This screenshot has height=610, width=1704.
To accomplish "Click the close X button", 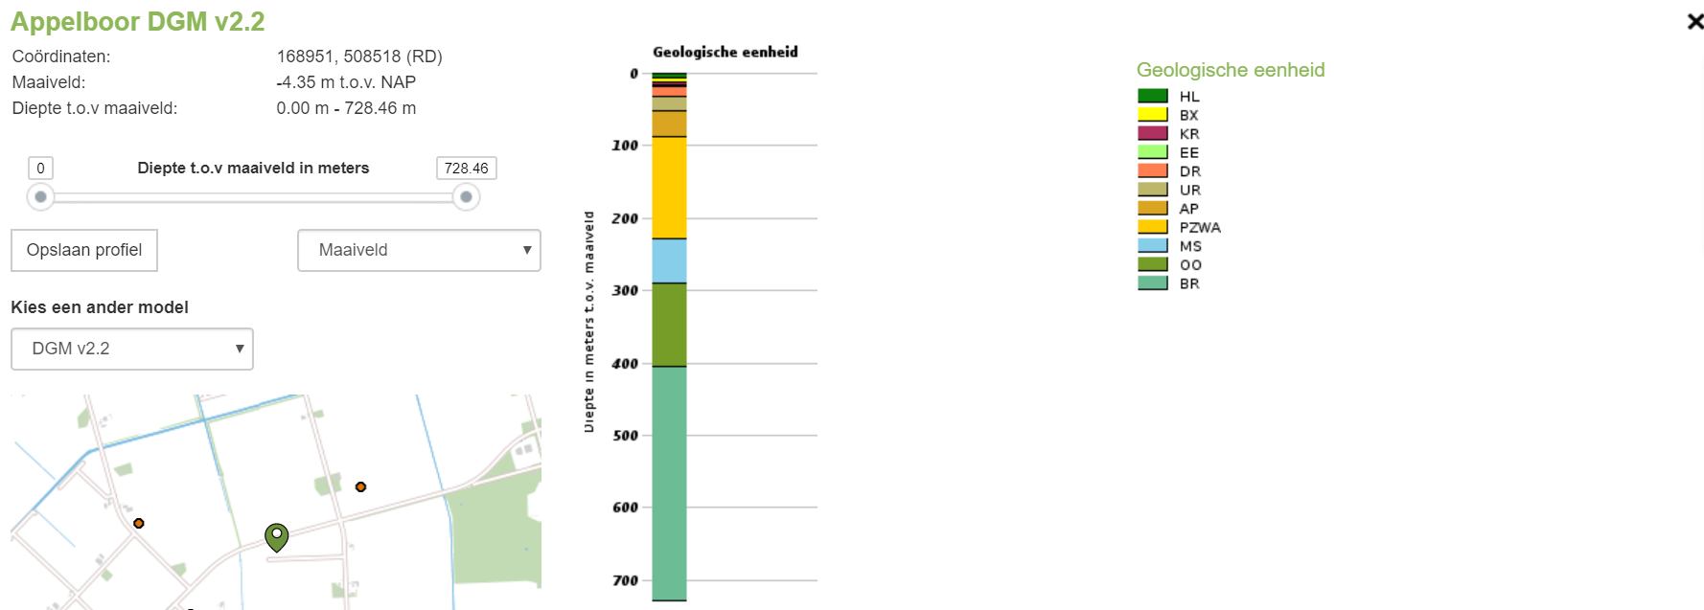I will pyautogui.click(x=1694, y=21).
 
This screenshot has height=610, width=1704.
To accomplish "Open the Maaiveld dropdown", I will pyautogui.click(x=419, y=250).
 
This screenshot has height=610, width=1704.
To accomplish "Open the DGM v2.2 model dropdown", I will pyautogui.click(x=132, y=349).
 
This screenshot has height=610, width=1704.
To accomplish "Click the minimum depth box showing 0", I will pyautogui.click(x=40, y=169).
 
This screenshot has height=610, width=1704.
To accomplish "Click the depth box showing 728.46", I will pyautogui.click(x=466, y=169).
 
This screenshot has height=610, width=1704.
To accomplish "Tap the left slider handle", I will pyautogui.click(x=40, y=197).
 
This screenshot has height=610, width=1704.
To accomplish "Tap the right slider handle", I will pyautogui.click(x=466, y=197).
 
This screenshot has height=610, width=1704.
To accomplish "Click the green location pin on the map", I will pyautogui.click(x=276, y=536).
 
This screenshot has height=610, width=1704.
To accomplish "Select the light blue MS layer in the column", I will pyautogui.click(x=669, y=260).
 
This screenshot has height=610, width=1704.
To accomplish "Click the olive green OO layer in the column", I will pyautogui.click(x=669, y=325).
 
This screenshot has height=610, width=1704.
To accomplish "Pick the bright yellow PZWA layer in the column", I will pyautogui.click(x=669, y=188).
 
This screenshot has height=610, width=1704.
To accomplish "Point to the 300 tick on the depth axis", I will pyautogui.click(x=625, y=290).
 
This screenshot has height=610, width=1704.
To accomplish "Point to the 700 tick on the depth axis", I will pyautogui.click(x=625, y=580).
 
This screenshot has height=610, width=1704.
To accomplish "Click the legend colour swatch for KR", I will pyautogui.click(x=1152, y=133).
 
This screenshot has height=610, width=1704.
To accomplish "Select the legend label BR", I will pyautogui.click(x=1189, y=283).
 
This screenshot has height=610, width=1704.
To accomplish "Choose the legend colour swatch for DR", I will pyautogui.click(x=1152, y=170).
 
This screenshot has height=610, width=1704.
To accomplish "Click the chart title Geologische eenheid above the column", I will pyautogui.click(x=725, y=52).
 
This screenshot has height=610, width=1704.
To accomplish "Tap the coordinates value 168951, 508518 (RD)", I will pyautogui.click(x=359, y=56).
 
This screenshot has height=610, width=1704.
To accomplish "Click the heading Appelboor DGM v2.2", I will pyautogui.click(x=137, y=21).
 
